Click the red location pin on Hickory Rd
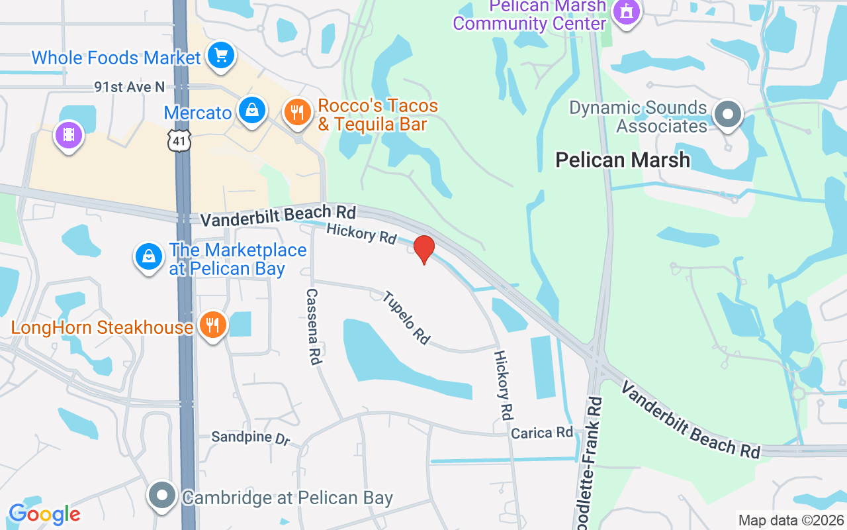[x=423, y=249]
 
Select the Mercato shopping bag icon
[x=252, y=111]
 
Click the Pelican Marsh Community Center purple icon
[x=626, y=12]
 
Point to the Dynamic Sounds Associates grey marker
[x=728, y=115]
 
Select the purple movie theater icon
[x=69, y=136]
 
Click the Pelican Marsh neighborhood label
[x=623, y=160]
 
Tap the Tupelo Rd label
[x=406, y=317]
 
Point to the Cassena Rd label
[x=314, y=327]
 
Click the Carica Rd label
[x=542, y=433]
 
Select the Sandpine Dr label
[x=250, y=438]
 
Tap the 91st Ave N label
[x=129, y=87]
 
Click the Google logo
[x=44, y=514]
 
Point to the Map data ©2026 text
[x=791, y=520]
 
